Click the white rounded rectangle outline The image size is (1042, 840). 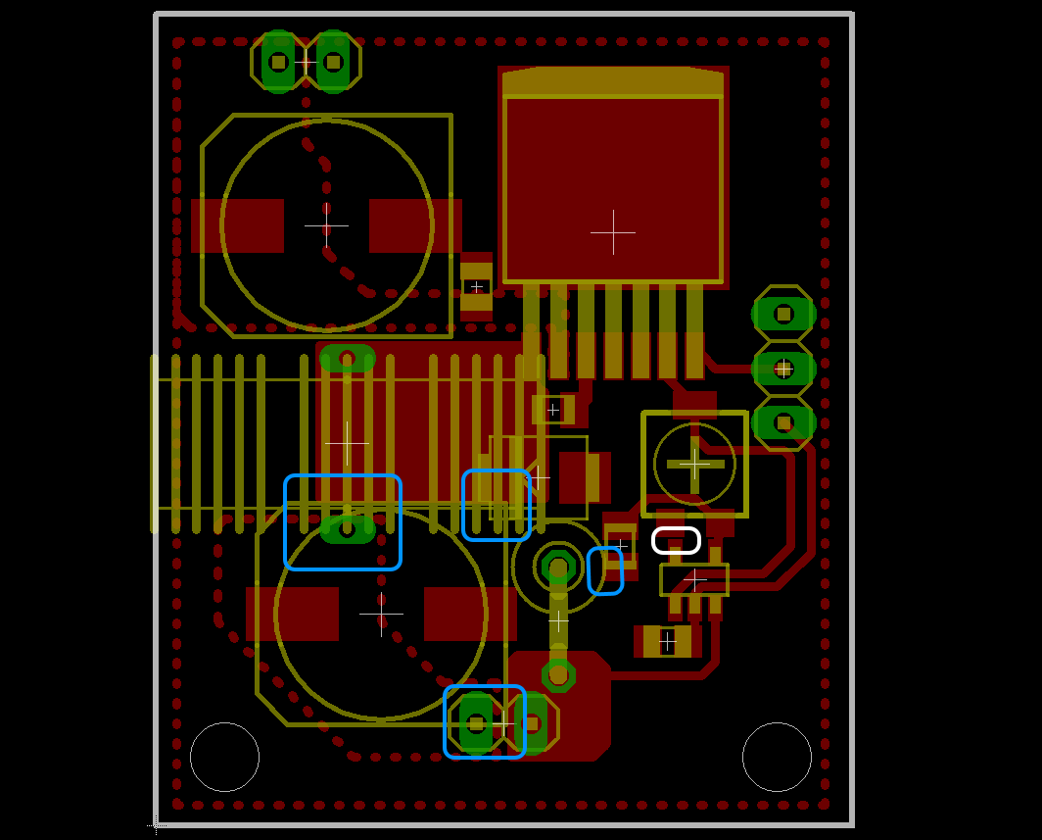676,540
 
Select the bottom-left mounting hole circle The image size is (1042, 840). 224,757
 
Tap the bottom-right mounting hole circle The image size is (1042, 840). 777,757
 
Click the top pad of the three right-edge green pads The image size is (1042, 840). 783,314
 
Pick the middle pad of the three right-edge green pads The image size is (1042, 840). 783,369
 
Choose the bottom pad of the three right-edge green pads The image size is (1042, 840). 783,422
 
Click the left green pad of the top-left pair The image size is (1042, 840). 278,62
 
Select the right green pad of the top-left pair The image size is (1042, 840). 333,62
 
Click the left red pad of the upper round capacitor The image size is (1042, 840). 238,225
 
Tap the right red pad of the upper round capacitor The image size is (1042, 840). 415,225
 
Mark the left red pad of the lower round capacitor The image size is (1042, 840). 292,614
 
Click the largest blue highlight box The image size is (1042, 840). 343,522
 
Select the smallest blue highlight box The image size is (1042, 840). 605,570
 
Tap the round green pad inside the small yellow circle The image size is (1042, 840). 558,566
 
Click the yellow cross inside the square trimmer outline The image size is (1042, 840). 694,464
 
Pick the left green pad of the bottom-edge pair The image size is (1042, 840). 476,723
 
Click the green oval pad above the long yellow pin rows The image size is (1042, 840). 348,358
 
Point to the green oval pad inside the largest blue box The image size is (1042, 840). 348,530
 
